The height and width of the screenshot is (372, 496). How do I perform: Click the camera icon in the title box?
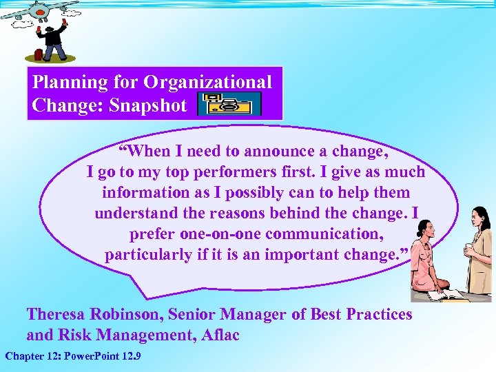tap(229, 103)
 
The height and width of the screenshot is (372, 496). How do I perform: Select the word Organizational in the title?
tap(208, 82)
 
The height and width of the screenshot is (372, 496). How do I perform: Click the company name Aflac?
tap(218, 335)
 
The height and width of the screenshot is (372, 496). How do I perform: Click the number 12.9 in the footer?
tap(128, 356)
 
